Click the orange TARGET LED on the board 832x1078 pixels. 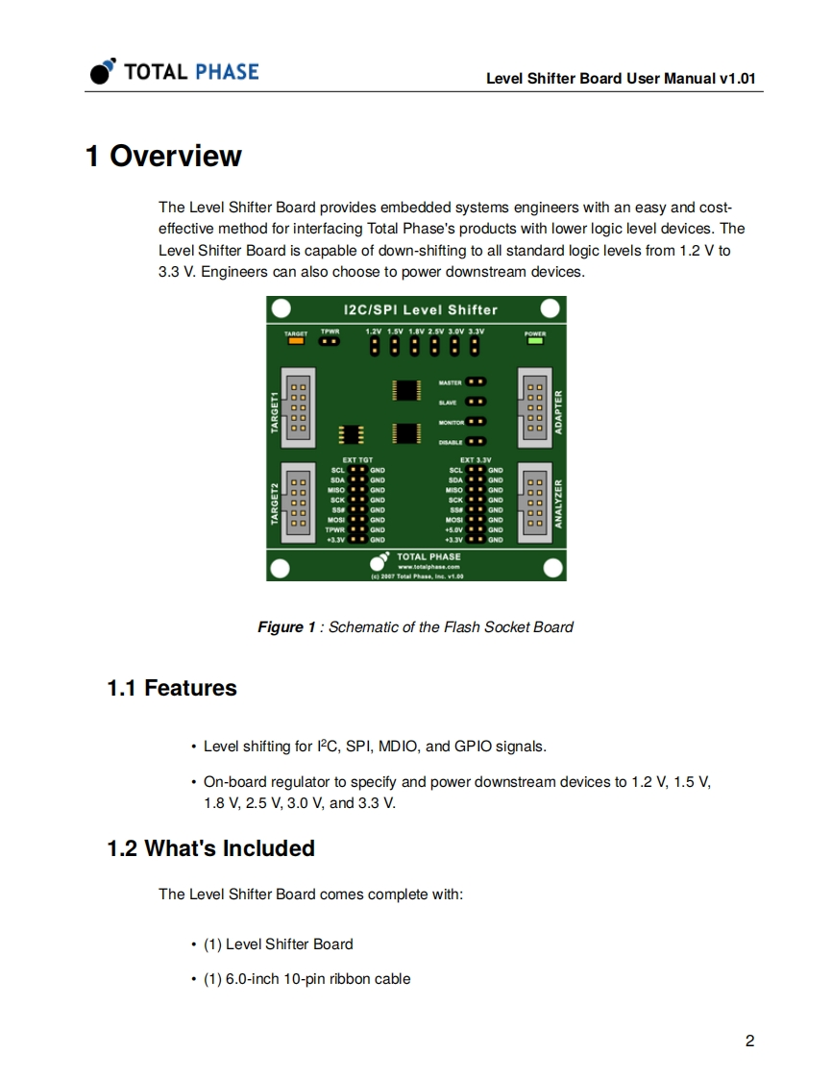(x=295, y=340)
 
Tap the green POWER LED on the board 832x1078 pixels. (x=535, y=340)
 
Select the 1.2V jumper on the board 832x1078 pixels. (x=374, y=345)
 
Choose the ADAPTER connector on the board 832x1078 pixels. (x=534, y=407)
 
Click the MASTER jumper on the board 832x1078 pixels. (x=476, y=381)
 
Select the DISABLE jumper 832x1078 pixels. (x=476, y=442)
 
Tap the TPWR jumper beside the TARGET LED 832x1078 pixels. (x=329, y=340)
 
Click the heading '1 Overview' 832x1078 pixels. (x=163, y=156)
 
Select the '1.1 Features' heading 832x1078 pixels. (x=171, y=688)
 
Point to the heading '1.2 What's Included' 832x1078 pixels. (x=210, y=848)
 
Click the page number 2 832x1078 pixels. (x=749, y=1041)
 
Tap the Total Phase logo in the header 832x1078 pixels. (x=175, y=72)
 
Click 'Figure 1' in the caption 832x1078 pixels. (x=285, y=627)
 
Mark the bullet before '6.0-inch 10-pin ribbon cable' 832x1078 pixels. (x=195, y=979)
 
